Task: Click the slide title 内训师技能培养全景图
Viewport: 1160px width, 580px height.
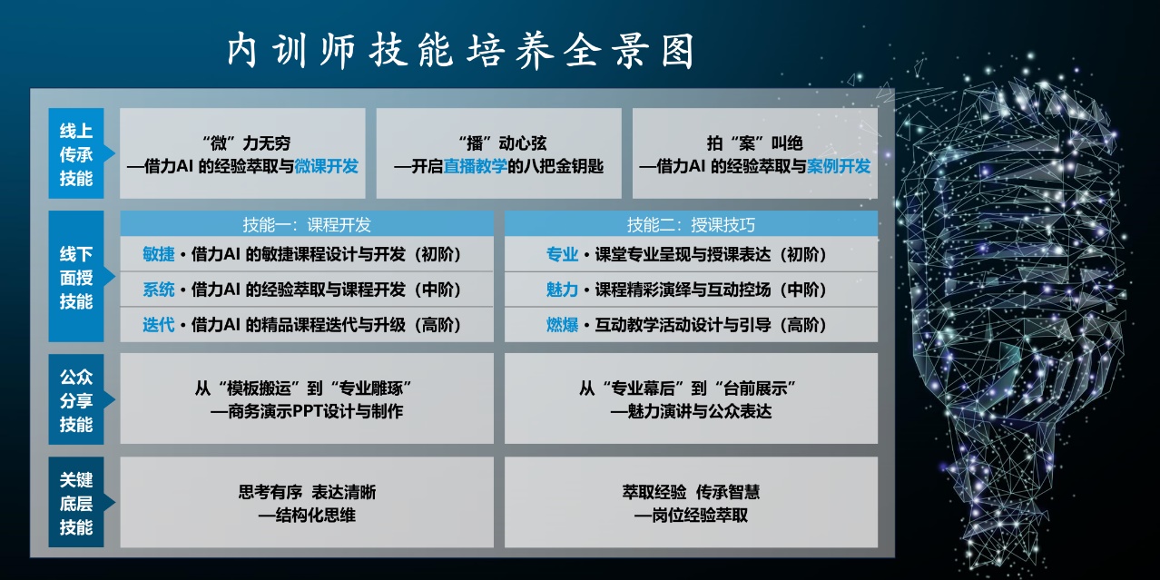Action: pos(460,51)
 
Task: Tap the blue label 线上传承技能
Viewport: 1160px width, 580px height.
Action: pos(76,153)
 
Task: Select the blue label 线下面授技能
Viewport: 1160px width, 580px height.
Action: pos(76,277)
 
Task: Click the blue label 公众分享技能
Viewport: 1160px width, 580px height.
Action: pos(76,400)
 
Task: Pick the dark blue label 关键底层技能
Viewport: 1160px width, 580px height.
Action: pos(76,503)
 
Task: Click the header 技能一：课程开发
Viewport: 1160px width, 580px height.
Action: pos(307,224)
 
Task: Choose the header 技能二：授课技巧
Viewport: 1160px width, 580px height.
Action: pos(691,224)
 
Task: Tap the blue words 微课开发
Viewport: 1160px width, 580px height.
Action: pos(326,166)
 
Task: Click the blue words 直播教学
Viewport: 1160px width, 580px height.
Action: pos(476,166)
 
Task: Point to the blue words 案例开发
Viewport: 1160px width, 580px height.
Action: pos(839,166)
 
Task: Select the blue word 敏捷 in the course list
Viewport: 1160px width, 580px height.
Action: pos(159,254)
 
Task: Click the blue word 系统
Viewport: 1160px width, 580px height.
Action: pos(159,290)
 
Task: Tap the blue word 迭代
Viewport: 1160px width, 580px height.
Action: pos(159,325)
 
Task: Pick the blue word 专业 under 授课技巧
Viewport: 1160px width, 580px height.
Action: pos(562,254)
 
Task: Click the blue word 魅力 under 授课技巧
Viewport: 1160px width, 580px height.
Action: pos(562,290)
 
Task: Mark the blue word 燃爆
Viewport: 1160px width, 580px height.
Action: pos(562,325)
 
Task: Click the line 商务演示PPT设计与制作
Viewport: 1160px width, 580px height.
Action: pos(307,412)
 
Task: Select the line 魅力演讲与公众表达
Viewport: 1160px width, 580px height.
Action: pos(691,412)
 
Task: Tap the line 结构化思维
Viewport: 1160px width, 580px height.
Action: pos(307,516)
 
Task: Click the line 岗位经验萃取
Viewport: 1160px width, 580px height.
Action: pos(691,516)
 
